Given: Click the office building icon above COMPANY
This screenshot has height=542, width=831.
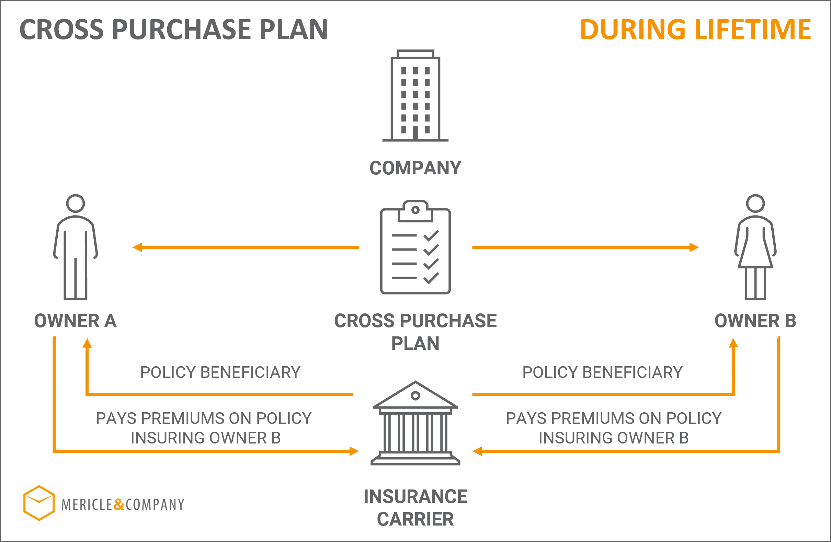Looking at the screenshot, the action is [x=415, y=95].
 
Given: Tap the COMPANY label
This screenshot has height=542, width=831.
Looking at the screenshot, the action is [x=415, y=168].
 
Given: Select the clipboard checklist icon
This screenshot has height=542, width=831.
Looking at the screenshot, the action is [x=415, y=247].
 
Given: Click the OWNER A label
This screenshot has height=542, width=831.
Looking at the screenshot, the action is [x=76, y=321].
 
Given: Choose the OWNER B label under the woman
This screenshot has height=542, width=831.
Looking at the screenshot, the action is [x=755, y=321].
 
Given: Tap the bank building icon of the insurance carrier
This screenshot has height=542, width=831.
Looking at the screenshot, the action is [x=415, y=423].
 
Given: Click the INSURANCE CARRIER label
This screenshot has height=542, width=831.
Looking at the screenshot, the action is [x=415, y=507].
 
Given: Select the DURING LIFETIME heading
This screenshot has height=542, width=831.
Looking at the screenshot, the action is [x=695, y=29].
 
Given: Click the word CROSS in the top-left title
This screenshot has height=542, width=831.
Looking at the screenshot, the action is [x=61, y=29].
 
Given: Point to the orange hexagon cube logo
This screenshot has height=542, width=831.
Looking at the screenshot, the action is [x=39, y=503].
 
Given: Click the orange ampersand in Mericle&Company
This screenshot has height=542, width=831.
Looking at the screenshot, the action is [x=119, y=505].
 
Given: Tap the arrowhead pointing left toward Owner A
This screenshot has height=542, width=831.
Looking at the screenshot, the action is [x=137, y=247].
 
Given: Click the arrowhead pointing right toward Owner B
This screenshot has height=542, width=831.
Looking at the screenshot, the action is [x=694, y=247].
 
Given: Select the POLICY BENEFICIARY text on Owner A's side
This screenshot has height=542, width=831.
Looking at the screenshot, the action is [x=220, y=372].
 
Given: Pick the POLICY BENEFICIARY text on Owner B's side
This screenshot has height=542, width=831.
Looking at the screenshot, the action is [x=603, y=372].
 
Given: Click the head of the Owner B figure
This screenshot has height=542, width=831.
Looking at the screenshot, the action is [x=755, y=203].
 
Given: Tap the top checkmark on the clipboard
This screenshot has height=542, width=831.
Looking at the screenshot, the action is [x=431, y=236].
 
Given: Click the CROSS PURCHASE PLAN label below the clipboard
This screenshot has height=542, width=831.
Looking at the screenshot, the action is [x=415, y=332].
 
